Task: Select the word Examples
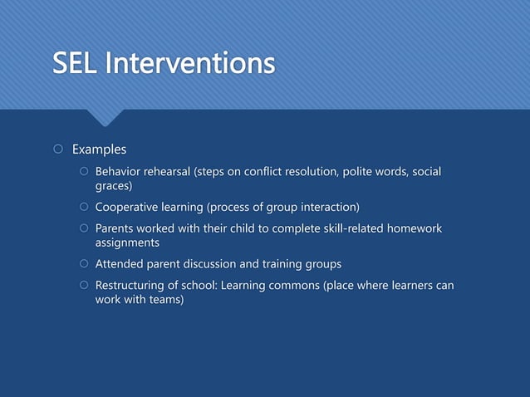tap(99, 150)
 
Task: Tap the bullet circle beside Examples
tap(57, 150)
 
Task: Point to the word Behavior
tap(120, 172)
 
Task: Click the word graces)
tap(114, 187)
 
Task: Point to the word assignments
tap(127, 243)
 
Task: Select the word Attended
tap(121, 264)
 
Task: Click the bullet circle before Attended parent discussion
tap(83, 265)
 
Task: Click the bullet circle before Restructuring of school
tap(83, 287)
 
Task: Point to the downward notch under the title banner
tap(106, 118)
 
